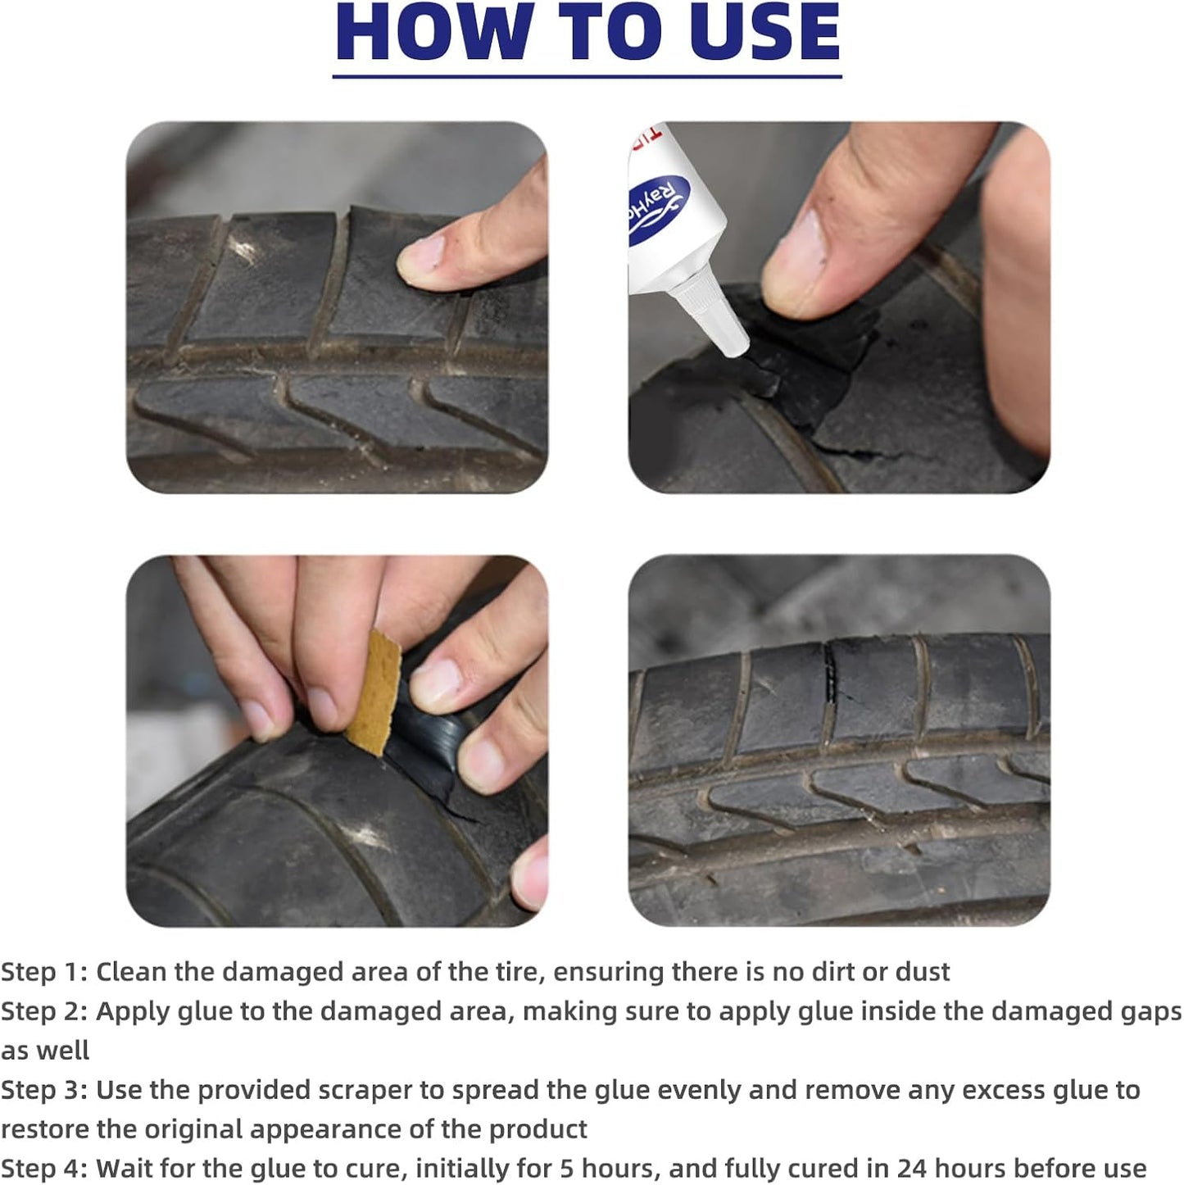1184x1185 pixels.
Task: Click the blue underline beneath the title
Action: (x=587, y=76)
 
